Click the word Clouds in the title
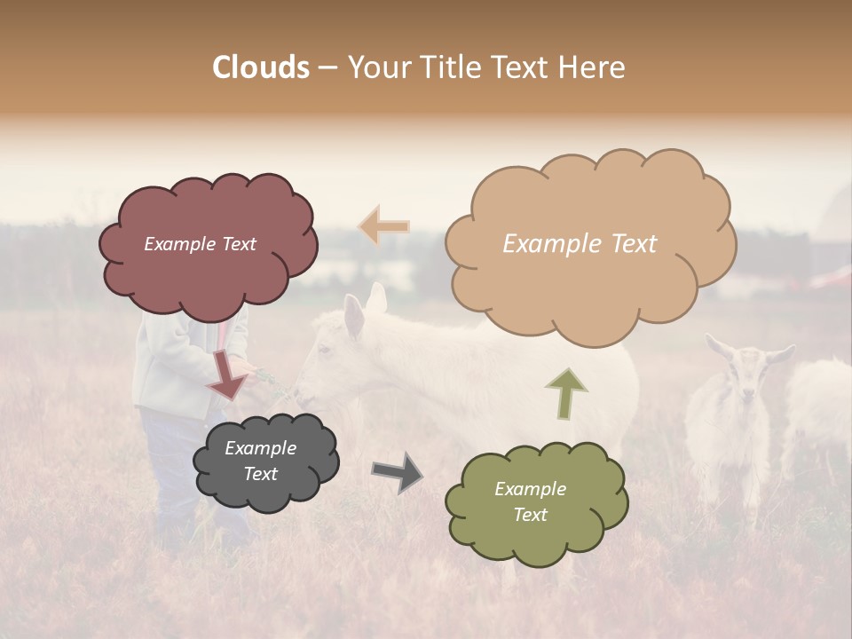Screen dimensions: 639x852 [261, 67]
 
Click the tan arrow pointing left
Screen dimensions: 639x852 [383, 226]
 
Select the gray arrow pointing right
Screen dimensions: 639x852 [398, 472]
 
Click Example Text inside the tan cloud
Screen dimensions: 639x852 [580, 244]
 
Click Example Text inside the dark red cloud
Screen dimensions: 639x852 [200, 244]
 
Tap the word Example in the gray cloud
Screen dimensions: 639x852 [260, 449]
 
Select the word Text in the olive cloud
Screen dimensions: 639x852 [530, 515]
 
